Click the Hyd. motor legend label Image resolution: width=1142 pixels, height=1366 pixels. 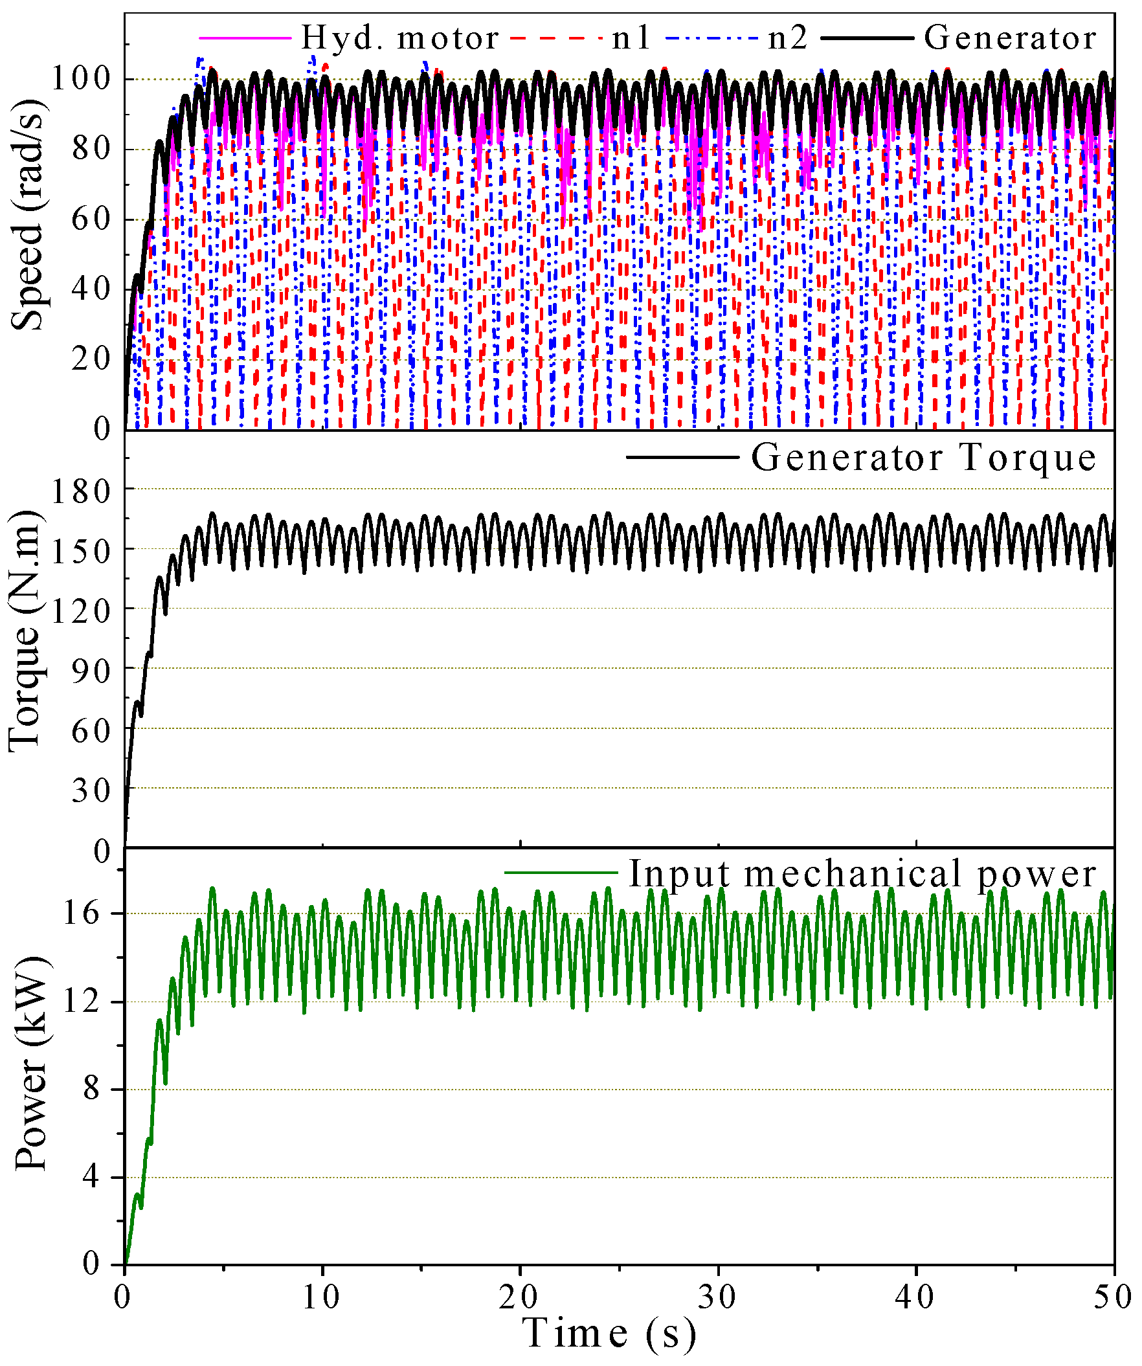(x=400, y=38)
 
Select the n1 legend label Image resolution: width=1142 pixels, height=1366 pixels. (x=631, y=38)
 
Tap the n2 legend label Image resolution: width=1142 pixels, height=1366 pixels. (x=789, y=38)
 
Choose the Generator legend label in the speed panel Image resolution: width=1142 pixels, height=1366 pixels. (x=1011, y=38)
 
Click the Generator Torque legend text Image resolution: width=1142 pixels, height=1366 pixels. (x=924, y=458)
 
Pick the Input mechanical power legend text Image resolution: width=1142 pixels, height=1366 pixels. (x=862, y=873)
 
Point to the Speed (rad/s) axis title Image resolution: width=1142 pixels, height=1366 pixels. (x=27, y=216)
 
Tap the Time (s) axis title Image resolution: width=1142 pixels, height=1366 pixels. (x=609, y=1334)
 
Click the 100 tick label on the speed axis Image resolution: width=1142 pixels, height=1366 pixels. (x=82, y=80)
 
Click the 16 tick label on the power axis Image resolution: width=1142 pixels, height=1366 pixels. (x=82, y=914)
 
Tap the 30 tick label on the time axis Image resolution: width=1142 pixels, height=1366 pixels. (x=718, y=1297)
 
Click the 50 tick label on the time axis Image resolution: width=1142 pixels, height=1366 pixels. (x=1114, y=1297)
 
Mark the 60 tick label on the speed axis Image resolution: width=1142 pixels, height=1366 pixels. (x=92, y=220)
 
